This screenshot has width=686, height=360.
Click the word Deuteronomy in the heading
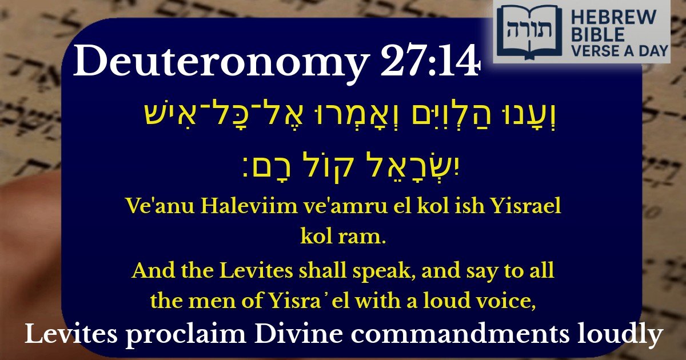(220, 63)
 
